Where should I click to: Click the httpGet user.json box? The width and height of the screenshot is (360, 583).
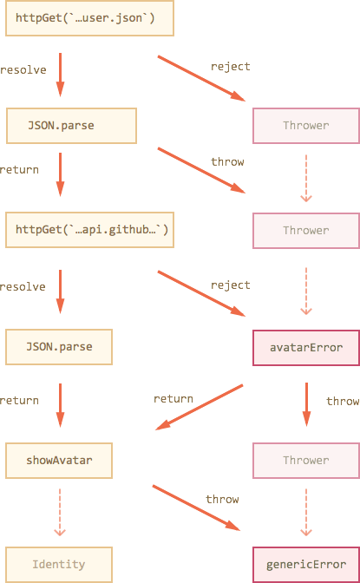tap(89, 18)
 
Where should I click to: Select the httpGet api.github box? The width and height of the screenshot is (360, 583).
tap(89, 230)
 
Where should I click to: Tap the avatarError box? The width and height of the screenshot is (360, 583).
tap(306, 348)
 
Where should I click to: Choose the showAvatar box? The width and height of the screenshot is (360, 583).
tap(59, 461)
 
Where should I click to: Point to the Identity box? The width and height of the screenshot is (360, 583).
tap(59, 565)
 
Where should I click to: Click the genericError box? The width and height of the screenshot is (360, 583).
tap(306, 565)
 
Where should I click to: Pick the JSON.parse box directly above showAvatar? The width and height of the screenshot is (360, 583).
tap(59, 347)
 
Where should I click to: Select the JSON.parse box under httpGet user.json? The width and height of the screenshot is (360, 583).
tap(71, 126)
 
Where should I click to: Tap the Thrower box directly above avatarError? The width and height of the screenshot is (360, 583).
tap(306, 231)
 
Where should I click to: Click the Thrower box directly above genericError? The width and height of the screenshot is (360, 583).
tap(306, 461)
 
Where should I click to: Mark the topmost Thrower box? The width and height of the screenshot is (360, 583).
tap(306, 126)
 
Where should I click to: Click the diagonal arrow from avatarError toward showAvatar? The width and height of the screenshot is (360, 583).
tap(200, 407)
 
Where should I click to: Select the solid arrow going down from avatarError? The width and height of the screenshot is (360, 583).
tap(306, 404)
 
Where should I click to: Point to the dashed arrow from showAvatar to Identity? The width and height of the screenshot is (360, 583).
tap(60, 513)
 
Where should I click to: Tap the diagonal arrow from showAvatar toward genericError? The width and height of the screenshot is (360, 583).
tap(196, 508)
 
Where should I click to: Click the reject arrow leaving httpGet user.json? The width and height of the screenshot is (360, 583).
tap(201, 78)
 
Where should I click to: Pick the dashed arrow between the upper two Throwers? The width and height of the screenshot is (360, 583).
tap(306, 179)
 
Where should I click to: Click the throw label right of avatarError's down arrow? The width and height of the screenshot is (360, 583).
tap(343, 401)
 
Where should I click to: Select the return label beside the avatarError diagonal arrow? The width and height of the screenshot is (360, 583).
tap(173, 399)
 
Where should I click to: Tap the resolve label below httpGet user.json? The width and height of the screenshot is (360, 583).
tap(23, 70)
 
